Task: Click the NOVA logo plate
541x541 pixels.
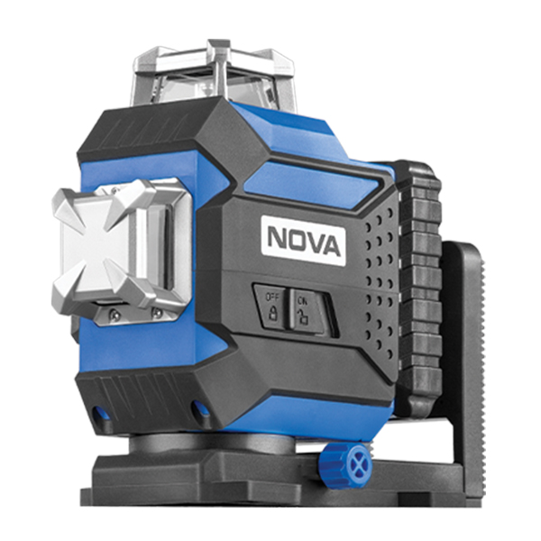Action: (x=304, y=241)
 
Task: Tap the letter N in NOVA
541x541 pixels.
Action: (x=278, y=237)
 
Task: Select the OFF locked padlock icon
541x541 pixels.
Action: (x=273, y=313)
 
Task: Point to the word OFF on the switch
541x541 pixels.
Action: (x=270, y=297)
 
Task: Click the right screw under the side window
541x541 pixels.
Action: (x=157, y=313)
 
